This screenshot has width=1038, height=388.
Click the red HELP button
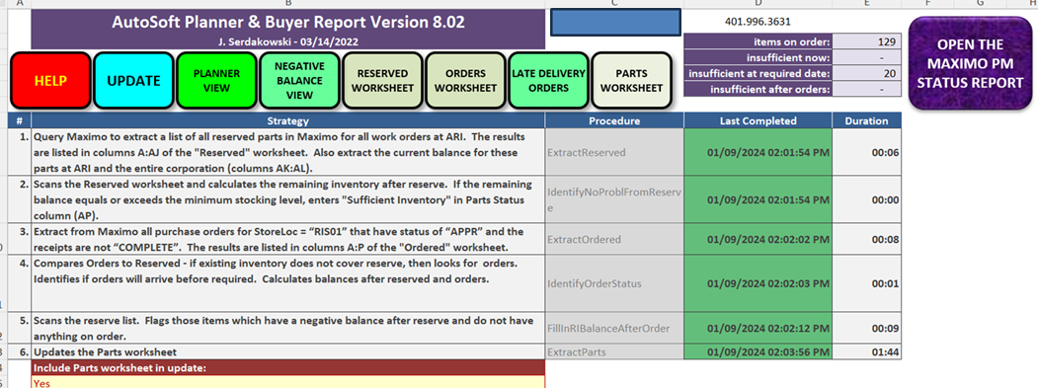51,80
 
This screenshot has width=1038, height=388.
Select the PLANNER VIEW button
216,80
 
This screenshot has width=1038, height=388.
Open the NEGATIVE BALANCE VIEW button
298,80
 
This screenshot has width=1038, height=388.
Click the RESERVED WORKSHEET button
382,80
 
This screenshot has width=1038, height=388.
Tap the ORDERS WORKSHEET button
465,80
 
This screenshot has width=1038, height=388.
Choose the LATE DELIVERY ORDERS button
547,80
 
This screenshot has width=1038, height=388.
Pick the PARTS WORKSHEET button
631,80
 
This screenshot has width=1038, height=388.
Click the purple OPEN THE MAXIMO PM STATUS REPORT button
970,63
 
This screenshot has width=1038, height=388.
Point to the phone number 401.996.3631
758,21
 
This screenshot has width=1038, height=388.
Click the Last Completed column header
758,121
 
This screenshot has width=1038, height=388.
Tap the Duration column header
866,121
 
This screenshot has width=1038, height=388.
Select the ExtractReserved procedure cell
614,152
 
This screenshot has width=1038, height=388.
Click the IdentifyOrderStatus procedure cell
614,283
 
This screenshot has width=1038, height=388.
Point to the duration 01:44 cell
866,352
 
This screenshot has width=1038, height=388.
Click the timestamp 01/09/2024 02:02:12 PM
758,329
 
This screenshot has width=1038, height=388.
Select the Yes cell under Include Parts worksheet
288,382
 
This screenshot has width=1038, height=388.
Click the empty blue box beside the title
615,23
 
